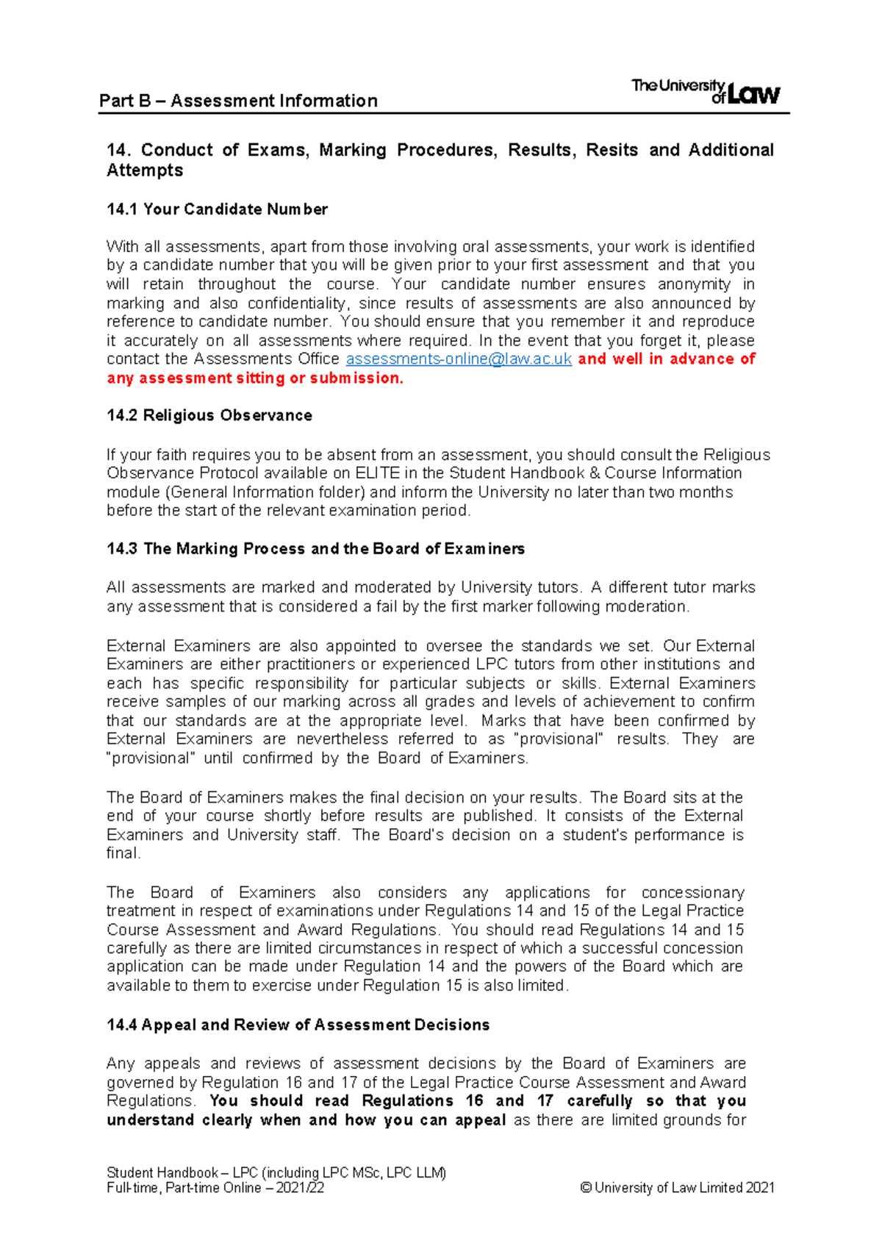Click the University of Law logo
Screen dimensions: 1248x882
click(706, 92)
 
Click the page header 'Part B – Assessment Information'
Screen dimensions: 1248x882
click(238, 101)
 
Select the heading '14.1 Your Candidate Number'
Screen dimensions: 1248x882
click(217, 209)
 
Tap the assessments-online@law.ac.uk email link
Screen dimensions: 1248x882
click(459, 359)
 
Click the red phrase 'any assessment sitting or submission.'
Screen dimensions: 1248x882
click(255, 379)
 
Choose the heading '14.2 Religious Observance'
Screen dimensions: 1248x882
click(209, 416)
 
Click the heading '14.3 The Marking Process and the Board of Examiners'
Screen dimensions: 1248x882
click(315, 549)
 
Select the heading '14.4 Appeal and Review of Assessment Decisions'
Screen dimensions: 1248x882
click(298, 1025)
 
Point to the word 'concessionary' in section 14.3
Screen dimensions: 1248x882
click(692, 893)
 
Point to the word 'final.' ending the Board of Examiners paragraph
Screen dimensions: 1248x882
click(123, 854)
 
